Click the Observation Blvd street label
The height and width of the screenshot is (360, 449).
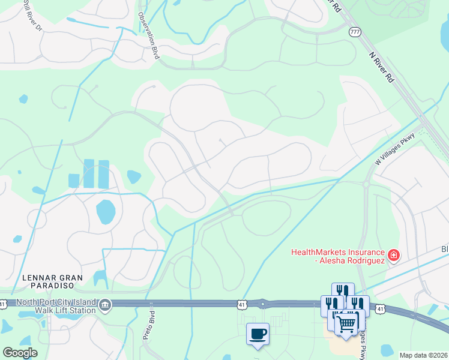click(x=149, y=35)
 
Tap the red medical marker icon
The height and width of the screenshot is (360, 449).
click(x=393, y=256)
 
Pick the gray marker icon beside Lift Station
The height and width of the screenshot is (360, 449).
click(x=105, y=305)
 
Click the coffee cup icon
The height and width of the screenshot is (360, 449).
click(x=258, y=333)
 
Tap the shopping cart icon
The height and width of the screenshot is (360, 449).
click(x=346, y=324)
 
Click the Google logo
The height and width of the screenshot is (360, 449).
click(x=20, y=353)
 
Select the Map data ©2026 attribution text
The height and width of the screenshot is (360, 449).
click(x=423, y=355)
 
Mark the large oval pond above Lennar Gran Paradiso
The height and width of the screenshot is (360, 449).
click(x=106, y=211)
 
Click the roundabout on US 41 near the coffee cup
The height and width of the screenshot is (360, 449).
click(x=262, y=304)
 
